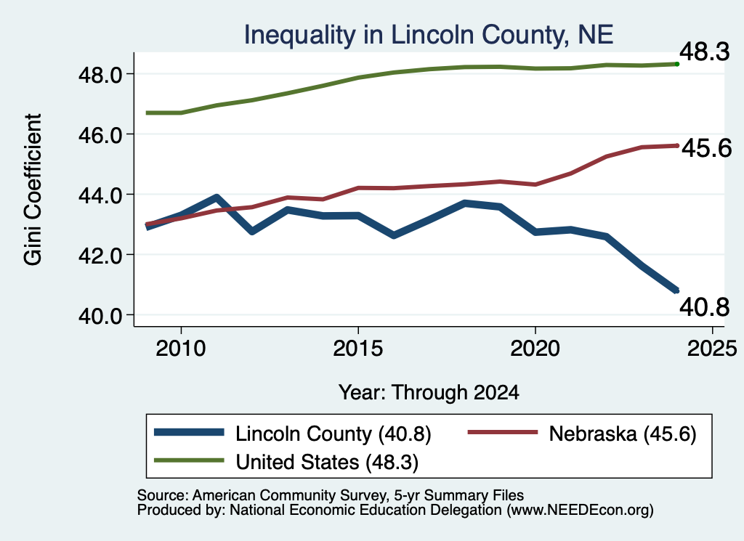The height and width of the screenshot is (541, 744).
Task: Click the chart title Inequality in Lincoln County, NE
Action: [429, 36]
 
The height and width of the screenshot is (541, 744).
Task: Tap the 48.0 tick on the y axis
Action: [101, 75]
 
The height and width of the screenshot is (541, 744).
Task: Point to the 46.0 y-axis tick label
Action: [101, 135]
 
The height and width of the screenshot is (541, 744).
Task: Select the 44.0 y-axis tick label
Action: [101, 195]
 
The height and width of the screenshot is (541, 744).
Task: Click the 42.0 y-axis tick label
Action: [101, 256]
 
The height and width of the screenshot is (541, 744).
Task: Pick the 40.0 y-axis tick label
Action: [101, 316]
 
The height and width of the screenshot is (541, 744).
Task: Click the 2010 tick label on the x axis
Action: [181, 349]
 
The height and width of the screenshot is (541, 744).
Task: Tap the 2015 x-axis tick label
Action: [357, 349]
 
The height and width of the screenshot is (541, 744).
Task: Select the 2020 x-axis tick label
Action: [535, 349]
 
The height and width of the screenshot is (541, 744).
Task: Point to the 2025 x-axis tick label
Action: [712, 349]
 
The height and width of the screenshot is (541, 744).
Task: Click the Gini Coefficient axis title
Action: [33, 190]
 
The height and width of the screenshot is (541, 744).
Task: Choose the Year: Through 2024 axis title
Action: [429, 393]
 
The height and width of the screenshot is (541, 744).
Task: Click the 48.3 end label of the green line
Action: [704, 52]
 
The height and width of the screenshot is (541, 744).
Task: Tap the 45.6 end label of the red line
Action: [707, 148]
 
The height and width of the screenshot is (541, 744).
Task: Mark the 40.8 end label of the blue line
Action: [704, 306]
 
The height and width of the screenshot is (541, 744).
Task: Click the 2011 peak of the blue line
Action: [217, 198]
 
